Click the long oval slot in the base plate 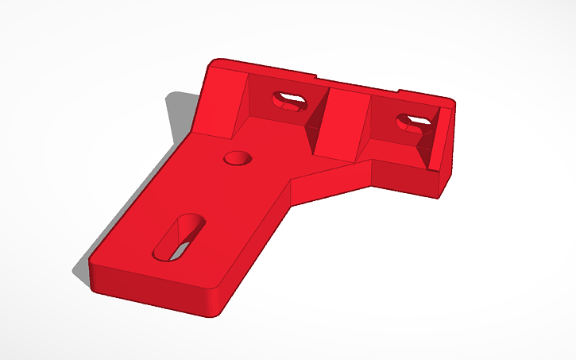181,235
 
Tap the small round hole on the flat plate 236,157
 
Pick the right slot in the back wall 414,122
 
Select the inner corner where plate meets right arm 291,180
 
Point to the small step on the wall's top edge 318,78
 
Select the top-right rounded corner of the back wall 450,101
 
